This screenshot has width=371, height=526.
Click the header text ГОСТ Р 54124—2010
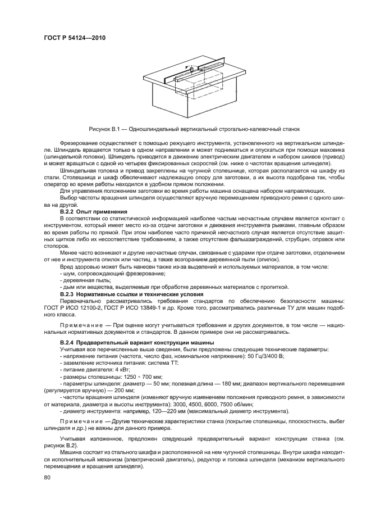74,38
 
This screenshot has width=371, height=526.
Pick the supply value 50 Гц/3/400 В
262,355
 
